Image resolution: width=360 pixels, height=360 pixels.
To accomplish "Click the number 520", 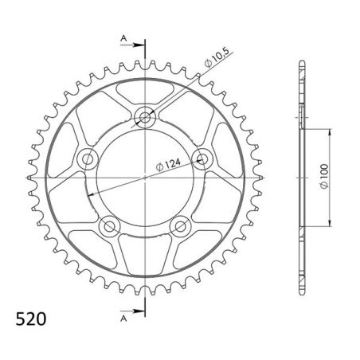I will (30, 320).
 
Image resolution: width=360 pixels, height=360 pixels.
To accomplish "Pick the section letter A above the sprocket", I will (123, 37).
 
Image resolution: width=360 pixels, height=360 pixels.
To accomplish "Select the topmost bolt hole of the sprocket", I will (145, 117).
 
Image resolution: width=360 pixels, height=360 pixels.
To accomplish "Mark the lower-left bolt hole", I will (109, 227).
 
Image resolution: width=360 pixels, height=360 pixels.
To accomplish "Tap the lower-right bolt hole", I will (181, 227).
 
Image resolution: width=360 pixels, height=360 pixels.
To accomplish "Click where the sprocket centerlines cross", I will (145, 177).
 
